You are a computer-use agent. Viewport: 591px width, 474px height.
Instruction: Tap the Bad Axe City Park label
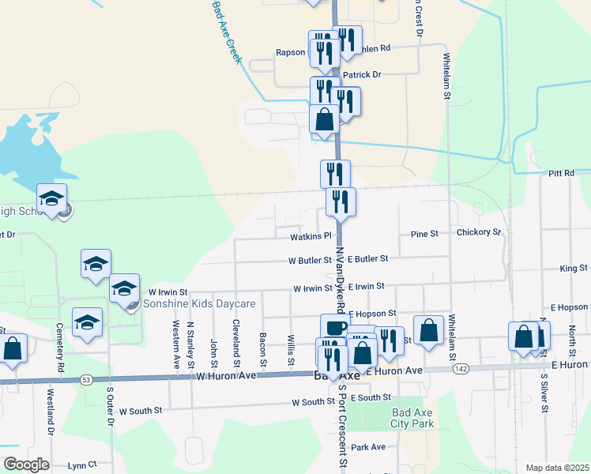tap(412, 418)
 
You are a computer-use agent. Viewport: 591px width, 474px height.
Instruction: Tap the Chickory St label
tap(479, 232)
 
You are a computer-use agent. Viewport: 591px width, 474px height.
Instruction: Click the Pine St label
tap(424, 234)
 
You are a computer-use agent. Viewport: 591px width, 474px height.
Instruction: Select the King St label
tap(574, 269)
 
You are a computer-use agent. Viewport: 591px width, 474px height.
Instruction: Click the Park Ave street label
tap(368, 446)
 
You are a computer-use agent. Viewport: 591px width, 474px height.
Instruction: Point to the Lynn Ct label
tap(81, 465)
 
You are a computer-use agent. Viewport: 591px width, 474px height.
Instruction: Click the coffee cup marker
tap(334, 327)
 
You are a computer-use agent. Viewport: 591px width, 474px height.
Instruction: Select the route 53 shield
tap(85, 380)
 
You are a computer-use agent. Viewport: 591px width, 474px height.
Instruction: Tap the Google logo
tap(26, 465)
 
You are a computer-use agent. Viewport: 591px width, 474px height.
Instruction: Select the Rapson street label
tap(290, 53)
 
